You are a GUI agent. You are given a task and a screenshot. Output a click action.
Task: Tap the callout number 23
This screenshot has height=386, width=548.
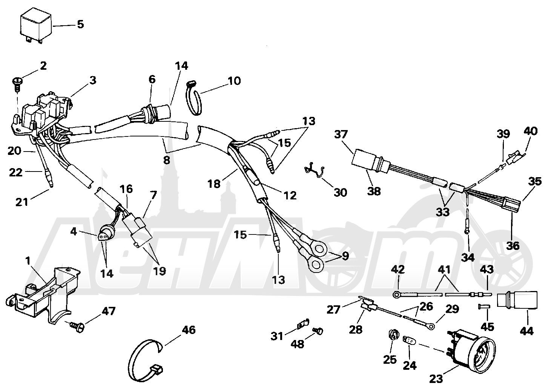pos(436,379)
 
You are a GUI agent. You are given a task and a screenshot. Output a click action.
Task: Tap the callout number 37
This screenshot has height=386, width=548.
pos(341,135)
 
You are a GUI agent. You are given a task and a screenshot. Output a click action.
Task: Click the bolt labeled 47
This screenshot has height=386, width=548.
pos(77,326)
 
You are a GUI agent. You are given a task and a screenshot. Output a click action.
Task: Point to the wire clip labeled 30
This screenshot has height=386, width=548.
pos(315,169)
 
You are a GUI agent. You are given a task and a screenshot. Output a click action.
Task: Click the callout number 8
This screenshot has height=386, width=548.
pos(166,161)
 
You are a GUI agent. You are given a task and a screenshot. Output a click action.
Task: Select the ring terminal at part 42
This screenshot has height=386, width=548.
pos(396,295)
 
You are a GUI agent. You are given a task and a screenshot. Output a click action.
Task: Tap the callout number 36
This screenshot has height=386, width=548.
pos(513,245)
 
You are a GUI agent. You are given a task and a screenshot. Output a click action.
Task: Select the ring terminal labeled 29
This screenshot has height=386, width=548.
pos(432,326)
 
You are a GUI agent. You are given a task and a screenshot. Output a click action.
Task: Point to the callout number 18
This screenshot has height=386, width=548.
pos(214,184)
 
